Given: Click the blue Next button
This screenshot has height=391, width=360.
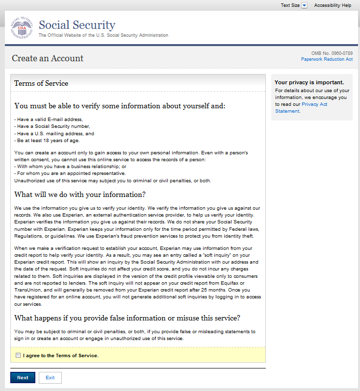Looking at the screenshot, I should [23, 377].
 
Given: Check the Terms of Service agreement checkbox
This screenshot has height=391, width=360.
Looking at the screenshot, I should [18, 355].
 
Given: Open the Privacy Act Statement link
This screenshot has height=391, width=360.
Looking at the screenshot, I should [314, 104].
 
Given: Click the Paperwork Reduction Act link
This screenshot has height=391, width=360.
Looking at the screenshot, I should [327, 59].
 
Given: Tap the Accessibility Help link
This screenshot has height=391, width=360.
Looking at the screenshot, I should [333, 5].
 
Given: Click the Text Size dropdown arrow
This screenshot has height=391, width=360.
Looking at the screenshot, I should [304, 5].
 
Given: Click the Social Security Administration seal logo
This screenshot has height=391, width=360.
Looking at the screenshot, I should [21, 29].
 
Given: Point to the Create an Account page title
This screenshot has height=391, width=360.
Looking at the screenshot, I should [48, 58].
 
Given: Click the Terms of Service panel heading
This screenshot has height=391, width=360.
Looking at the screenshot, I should [41, 83].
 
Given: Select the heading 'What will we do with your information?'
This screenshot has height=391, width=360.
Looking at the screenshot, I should [80, 195].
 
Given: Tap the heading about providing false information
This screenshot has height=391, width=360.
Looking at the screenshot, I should [127, 318].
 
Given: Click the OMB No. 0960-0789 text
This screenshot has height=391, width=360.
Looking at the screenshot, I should [332, 53].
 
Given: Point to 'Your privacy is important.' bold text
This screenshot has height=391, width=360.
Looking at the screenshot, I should [309, 82].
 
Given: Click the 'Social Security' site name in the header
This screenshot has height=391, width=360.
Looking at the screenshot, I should [77, 25].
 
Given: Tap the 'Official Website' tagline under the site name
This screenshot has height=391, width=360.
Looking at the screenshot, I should [103, 35].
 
